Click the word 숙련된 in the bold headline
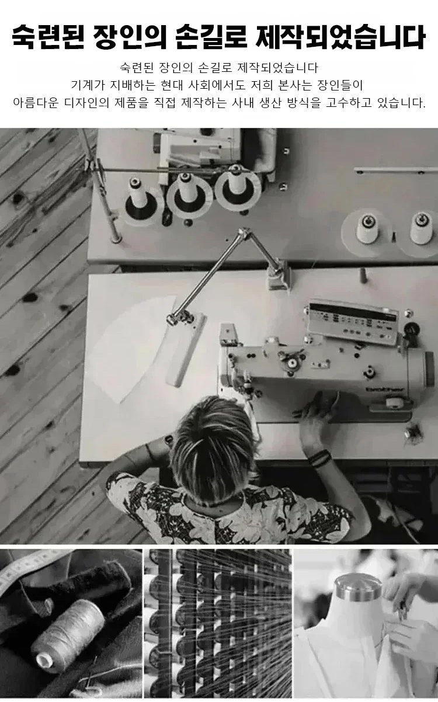pos(48,37)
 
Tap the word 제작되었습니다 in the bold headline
pos(340,37)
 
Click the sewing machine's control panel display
pos(353,324)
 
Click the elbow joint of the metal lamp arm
pos(243,233)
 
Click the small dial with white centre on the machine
pos(292,363)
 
